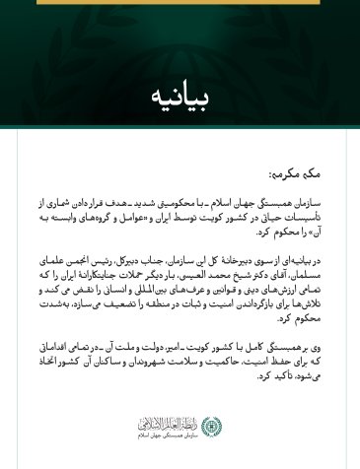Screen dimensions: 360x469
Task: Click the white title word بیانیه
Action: (180, 99)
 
